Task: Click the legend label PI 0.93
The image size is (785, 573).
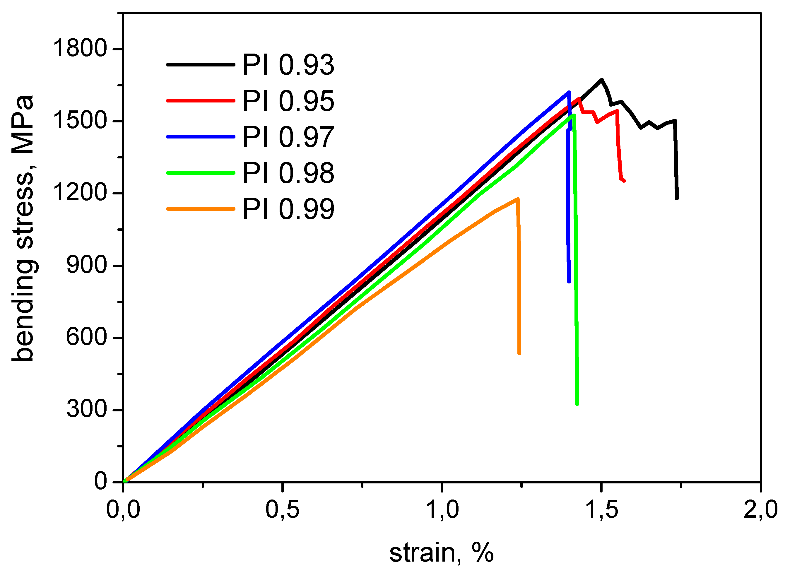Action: [288, 65]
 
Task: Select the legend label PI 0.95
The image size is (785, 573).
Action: [288, 101]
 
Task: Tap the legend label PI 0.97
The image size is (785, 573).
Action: [288, 137]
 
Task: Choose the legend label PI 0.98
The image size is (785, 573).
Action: [288, 173]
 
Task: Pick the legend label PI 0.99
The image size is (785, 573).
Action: [288, 209]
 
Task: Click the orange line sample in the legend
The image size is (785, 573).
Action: [201, 209]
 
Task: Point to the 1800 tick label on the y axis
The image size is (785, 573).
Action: [80, 48]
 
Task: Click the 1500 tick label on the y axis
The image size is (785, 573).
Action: [80, 121]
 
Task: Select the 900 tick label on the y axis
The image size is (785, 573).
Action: [86, 266]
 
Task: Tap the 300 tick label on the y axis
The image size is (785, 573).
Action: [86, 409]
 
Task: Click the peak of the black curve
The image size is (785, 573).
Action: [601, 79]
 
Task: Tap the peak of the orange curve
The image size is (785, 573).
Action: [518, 199]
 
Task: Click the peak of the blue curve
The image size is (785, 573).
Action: [569, 92]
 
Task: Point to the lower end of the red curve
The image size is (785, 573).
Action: [624, 181]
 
